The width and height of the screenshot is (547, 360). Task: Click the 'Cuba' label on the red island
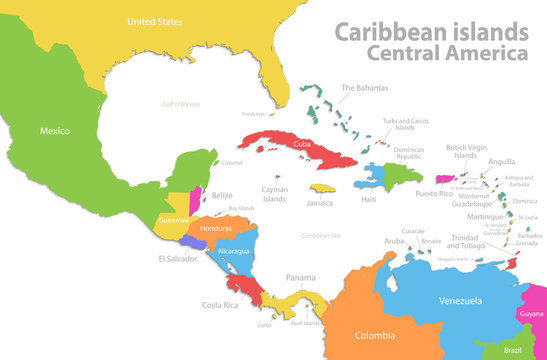pos(301,143)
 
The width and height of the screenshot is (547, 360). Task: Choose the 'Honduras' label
pos(217,227)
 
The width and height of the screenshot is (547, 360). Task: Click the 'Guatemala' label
pos(173,220)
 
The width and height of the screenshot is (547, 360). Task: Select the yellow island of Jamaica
pos(321,188)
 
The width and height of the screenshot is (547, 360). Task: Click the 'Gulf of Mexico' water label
pos(182,104)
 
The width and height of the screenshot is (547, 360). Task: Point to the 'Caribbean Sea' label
pos(322,235)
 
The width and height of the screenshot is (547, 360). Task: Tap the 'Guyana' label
pos(531,313)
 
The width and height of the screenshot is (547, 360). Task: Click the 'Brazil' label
pos(512,350)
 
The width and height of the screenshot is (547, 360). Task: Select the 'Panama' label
pos(300,277)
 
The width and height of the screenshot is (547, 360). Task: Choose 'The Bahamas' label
pos(364,88)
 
